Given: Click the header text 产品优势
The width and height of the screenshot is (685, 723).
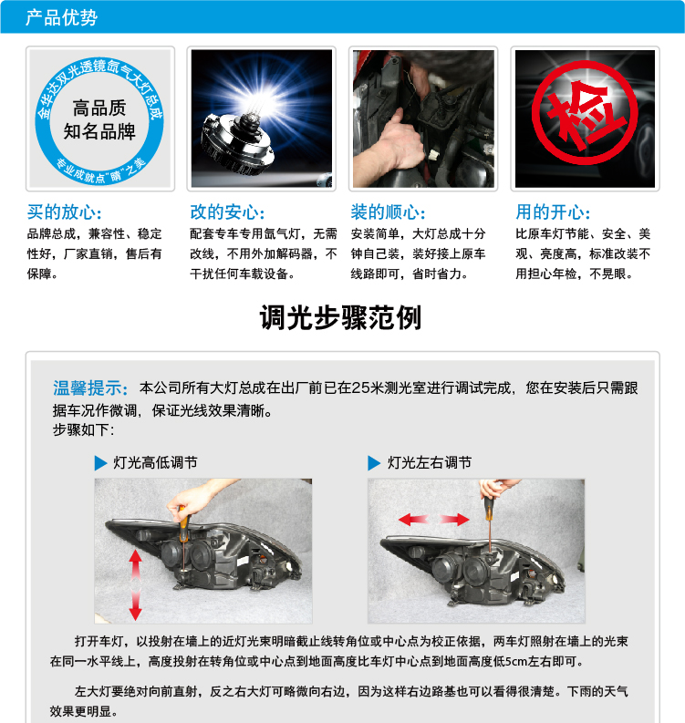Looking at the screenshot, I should pos(61,17).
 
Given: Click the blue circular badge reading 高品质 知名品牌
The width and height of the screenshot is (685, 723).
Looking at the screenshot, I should pos(99,119).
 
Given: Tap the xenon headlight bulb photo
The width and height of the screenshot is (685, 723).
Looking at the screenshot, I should pos(261,119).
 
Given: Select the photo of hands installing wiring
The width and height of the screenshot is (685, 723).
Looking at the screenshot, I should pos(423,119).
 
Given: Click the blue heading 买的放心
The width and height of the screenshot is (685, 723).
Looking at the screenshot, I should pos(63,212).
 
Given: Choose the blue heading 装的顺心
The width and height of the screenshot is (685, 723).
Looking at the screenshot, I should pos(388,212).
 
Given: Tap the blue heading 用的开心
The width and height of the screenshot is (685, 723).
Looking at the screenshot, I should pos(553,212).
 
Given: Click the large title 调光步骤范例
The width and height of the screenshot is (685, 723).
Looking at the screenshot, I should pos(341,318).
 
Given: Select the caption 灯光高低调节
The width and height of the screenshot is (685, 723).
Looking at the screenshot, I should pos(155,462).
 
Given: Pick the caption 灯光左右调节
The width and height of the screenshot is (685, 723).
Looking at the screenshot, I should pos(430,462).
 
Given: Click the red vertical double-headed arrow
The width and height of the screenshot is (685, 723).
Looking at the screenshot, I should pos(136,584).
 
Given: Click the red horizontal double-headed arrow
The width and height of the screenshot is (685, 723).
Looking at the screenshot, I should pos(434,519).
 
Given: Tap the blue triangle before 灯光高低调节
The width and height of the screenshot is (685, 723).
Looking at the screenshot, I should pos(101,463).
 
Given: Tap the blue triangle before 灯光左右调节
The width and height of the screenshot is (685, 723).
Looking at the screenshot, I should pos(374,463).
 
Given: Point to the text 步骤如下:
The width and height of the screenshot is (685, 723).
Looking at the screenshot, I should pos(83,430).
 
